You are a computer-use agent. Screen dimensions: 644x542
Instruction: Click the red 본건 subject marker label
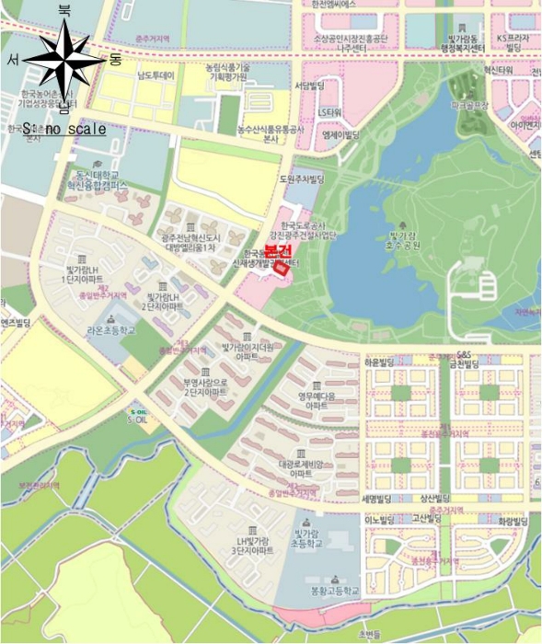tap(277, 250)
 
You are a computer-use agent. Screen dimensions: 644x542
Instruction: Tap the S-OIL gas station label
tap(138, 417)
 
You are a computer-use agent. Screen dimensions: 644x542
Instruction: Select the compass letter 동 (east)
tap(115, 60)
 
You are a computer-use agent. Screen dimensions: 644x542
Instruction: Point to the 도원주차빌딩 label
tap(303, 178)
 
